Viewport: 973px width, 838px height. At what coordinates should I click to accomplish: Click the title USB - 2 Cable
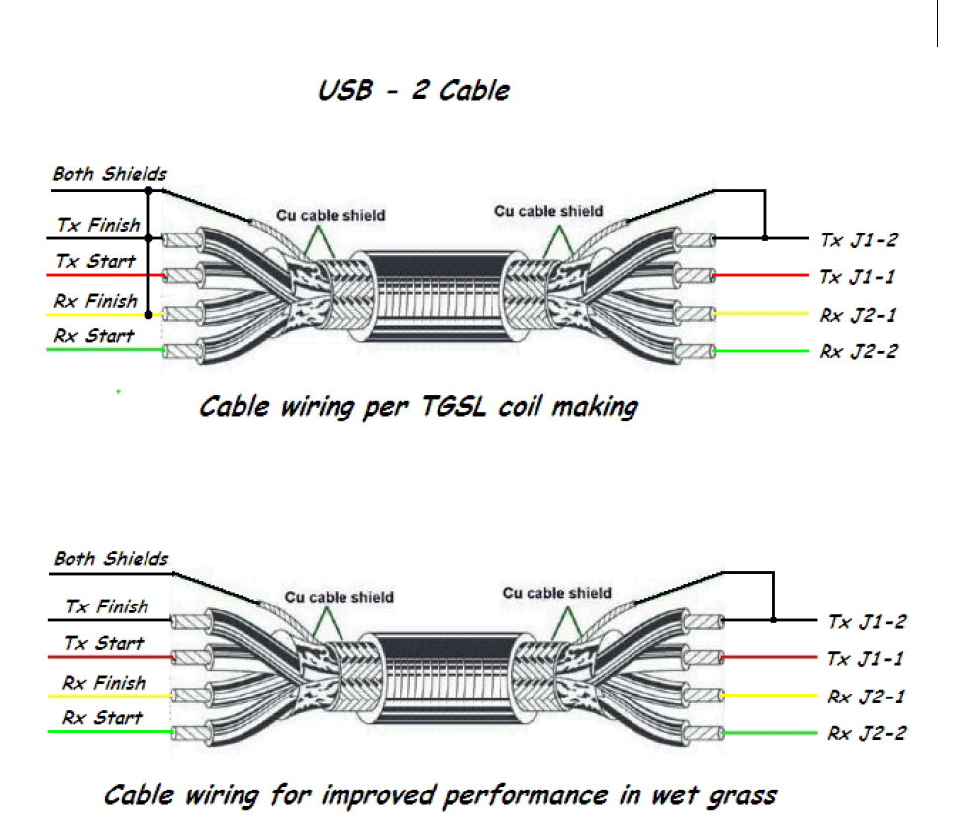[x=414, y=91]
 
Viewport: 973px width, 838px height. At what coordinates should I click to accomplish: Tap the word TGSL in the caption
[x=453, y=407]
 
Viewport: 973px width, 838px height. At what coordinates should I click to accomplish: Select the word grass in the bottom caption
[x=742, y=796]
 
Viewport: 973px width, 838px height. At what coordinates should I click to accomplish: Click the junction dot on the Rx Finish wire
[x=148, y=315]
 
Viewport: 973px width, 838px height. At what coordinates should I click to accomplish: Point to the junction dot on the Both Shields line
[x=148, y=191]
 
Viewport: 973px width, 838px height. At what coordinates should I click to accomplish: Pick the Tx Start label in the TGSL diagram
[x=95, y=261]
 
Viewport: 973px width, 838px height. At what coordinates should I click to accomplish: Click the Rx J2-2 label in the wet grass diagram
[x=867, y=734]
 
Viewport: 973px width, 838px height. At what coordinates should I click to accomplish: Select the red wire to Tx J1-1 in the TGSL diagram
[x=761, y=275]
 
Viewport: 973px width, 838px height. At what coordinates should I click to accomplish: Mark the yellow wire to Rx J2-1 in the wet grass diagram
[x=769, y=696]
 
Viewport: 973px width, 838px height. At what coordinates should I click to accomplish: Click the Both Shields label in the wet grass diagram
[x=111, y=559]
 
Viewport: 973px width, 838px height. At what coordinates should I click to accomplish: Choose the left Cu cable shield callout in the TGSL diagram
[x=331, y=216]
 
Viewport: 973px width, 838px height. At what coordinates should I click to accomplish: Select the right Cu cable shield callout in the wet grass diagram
[x=556, y=593]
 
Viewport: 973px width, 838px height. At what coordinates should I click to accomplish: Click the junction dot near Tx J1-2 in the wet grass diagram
[x=773, y=619]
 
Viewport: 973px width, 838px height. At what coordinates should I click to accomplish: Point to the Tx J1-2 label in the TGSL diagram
[x=858, y=240]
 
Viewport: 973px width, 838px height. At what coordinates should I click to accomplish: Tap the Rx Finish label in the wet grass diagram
[x=104, y=683]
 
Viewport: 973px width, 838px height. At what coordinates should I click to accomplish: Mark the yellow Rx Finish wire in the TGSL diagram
[x=104, y=315]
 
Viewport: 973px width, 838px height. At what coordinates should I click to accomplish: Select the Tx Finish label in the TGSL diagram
[x=98, y=225]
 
